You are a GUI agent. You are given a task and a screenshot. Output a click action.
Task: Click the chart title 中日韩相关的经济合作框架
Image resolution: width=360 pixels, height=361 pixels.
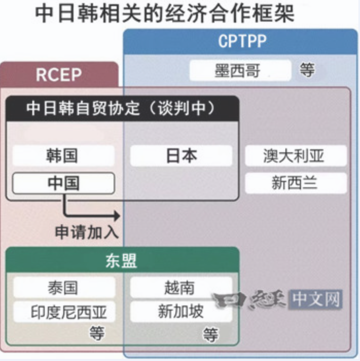165,13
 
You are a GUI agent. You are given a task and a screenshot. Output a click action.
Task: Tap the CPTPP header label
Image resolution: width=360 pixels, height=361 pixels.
242,41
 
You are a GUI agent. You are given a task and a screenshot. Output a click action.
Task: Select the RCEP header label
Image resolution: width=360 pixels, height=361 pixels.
59,75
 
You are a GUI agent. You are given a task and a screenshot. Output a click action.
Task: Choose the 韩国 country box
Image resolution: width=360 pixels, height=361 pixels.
63,156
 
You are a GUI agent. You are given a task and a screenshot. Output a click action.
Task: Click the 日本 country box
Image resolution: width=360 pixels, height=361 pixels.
181,156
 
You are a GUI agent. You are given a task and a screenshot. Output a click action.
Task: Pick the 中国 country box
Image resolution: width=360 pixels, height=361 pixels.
63,183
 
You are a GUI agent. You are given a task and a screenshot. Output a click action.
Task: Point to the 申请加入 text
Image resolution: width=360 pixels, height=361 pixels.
86,232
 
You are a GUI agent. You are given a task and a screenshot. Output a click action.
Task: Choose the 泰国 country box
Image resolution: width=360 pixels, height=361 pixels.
63,287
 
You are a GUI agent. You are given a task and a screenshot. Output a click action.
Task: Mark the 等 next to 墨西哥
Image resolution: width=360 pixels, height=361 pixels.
307,70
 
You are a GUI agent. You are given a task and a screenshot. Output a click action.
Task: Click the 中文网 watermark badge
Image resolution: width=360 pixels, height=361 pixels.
316,299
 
